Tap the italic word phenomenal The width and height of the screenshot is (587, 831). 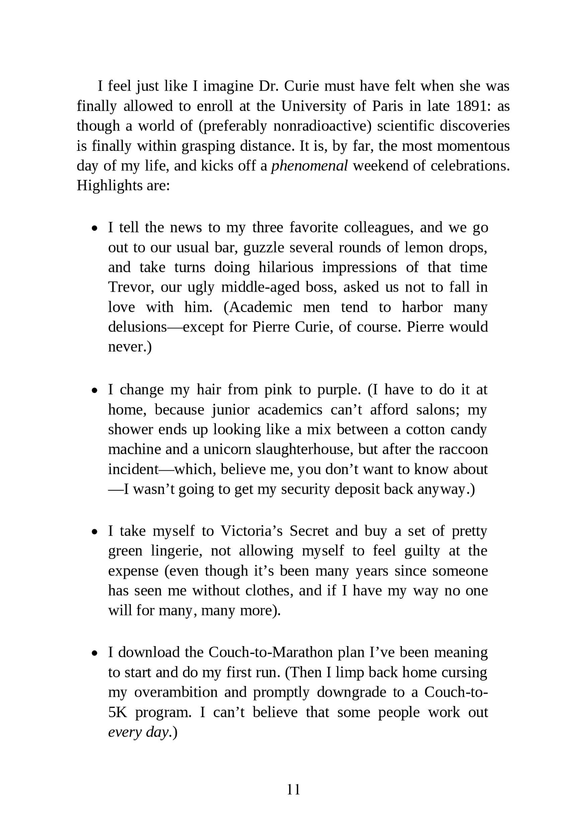click(x=309, y=166)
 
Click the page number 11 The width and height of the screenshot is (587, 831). click(x=293, y=789)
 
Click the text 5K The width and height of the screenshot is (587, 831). click(x=118, y=712)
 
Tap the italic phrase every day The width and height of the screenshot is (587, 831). click(x=138, y=732)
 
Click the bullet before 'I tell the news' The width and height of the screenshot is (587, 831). click(x=95, y=229)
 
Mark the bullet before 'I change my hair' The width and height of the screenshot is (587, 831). click(x=95, y=391)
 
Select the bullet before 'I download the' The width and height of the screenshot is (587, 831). click(x=95, y=653)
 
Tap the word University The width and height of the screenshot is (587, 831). click(x=314, y=106)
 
